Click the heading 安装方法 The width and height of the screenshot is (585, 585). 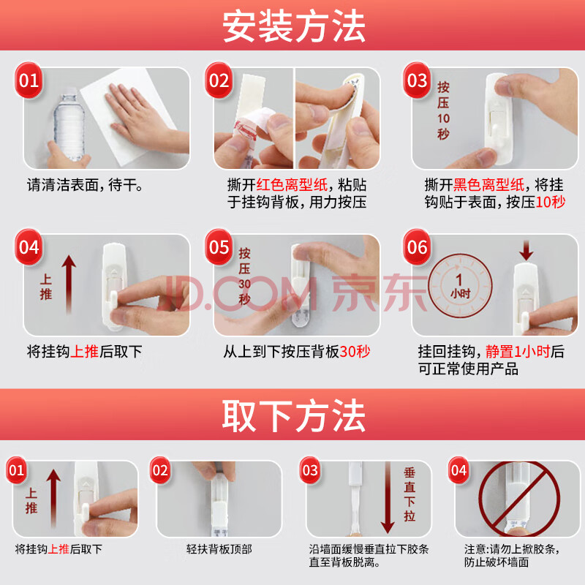[294, 26]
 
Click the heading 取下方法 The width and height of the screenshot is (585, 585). [294, 415]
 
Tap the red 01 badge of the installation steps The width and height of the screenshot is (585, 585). [29, 80]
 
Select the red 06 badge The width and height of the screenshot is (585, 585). [417, 247]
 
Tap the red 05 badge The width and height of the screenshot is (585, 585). [219, 247]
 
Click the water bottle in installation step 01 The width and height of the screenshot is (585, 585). [69, 124]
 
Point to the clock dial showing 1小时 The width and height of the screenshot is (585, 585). [460, 286]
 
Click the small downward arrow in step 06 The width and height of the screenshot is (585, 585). [526, 250]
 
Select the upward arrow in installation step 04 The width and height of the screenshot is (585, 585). [69, 284]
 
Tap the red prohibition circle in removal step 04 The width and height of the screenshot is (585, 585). [519, 498]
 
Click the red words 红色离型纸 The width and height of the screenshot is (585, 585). [292, 185]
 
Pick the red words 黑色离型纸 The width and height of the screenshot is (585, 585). [488, 185]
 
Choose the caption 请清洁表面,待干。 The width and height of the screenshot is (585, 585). [85, 185]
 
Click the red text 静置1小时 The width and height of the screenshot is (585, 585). [518, 352]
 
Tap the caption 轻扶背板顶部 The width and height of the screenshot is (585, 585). [219, 549]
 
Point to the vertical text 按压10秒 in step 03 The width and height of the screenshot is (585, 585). [443, 110]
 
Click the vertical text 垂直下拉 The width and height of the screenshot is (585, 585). [409, 494]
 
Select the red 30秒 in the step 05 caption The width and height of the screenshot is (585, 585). [355, 352]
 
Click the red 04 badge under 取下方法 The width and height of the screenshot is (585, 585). [458, 470]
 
